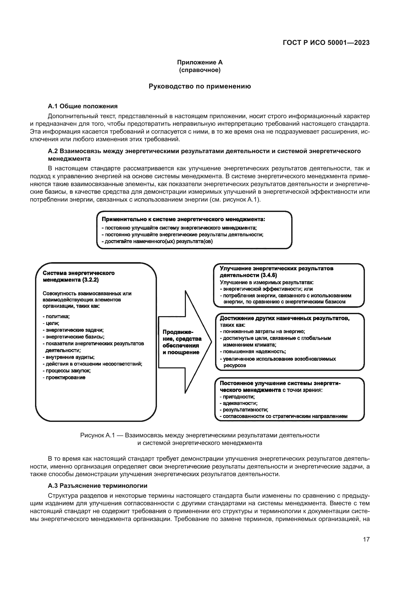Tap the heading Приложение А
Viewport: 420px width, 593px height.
(200, 62)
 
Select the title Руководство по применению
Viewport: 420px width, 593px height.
(200, 86)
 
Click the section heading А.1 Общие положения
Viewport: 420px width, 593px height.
(83, 106)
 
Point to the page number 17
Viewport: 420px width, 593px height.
(366, 539)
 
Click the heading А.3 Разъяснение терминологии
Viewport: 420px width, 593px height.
(98, 486)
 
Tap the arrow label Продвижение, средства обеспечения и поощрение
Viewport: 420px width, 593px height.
(182, 342)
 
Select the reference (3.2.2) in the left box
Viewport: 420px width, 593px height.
(90, 280)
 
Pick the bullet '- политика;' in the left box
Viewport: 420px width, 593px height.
(56, 316)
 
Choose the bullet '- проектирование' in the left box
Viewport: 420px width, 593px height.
(64, 377)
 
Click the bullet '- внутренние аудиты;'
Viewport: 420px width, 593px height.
(69, 357)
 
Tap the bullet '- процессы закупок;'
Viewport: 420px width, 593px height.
(67, 371)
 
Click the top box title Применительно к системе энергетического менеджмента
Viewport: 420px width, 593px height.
(183, 219)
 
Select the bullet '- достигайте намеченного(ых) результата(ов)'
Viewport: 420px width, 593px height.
(157, 242)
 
